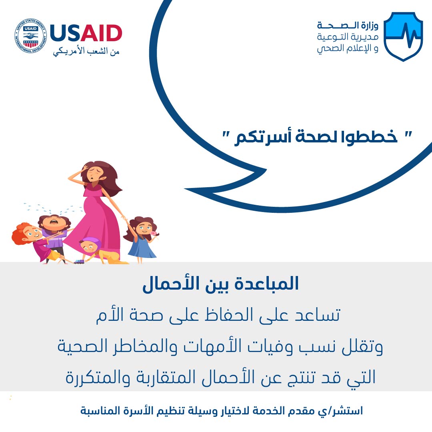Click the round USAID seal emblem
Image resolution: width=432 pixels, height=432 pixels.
pos(30,36)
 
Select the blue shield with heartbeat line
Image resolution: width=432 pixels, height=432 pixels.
pos(403,36)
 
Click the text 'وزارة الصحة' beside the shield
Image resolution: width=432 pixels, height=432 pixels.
pos(348,26)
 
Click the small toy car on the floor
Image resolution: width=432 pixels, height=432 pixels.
pos(79,261)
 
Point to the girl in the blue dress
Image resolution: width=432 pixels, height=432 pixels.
pos(141,239)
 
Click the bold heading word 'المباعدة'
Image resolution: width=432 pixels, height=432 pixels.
pos(267,284)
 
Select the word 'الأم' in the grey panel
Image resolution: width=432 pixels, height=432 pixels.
pos(106,315)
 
